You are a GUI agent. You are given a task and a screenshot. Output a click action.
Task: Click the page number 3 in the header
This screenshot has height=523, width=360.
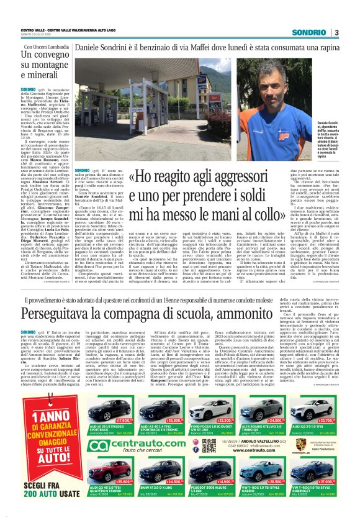tap(336, 32)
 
